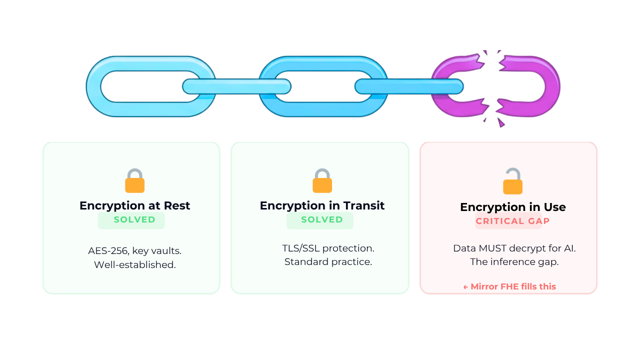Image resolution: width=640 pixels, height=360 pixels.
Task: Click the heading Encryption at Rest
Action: pyautogui.click(x=134, y=205)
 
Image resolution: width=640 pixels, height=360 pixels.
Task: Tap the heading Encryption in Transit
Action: pyautogui.click(x=322, y=205)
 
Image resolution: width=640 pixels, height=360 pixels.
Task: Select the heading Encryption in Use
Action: pyautogui.click(x=513, y=207)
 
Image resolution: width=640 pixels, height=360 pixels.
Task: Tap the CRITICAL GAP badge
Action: pyautogui.click(x=512, y=221)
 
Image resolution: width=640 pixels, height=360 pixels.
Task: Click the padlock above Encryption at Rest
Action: pyautogui.click(x=135, y=181)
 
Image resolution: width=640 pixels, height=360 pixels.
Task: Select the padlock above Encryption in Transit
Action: pyautogui.click(x=322, y=181)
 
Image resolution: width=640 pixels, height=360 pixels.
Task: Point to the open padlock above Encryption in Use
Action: pyautogui.click(x=513, y=181)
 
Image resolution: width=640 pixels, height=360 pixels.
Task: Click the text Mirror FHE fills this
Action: pyautogui.click(x=513, y=286)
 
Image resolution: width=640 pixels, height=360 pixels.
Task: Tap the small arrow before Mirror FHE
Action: pyautogui.click(x=465, y=287)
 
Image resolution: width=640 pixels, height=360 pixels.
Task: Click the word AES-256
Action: pyautogui.click(x=108, y=251)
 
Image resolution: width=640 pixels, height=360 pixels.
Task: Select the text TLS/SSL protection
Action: pyautogui.click(x=328, y=248)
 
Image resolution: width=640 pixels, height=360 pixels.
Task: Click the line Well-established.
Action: pyautogui.click(x=135, y=265)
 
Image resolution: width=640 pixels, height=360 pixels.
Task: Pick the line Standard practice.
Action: pyautogui.click(x=328, y=262)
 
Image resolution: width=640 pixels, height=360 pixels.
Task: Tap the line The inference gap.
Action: pyautogui.click(x=514, y=262)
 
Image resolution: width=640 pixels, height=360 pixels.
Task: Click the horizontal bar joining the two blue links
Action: pyautogui.click(x=237, y=86)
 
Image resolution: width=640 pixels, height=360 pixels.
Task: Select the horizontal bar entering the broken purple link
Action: pyautogui.click(x=409, y=86)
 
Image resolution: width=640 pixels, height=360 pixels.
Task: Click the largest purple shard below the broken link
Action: pyautogui.click(x=501, y=122)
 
